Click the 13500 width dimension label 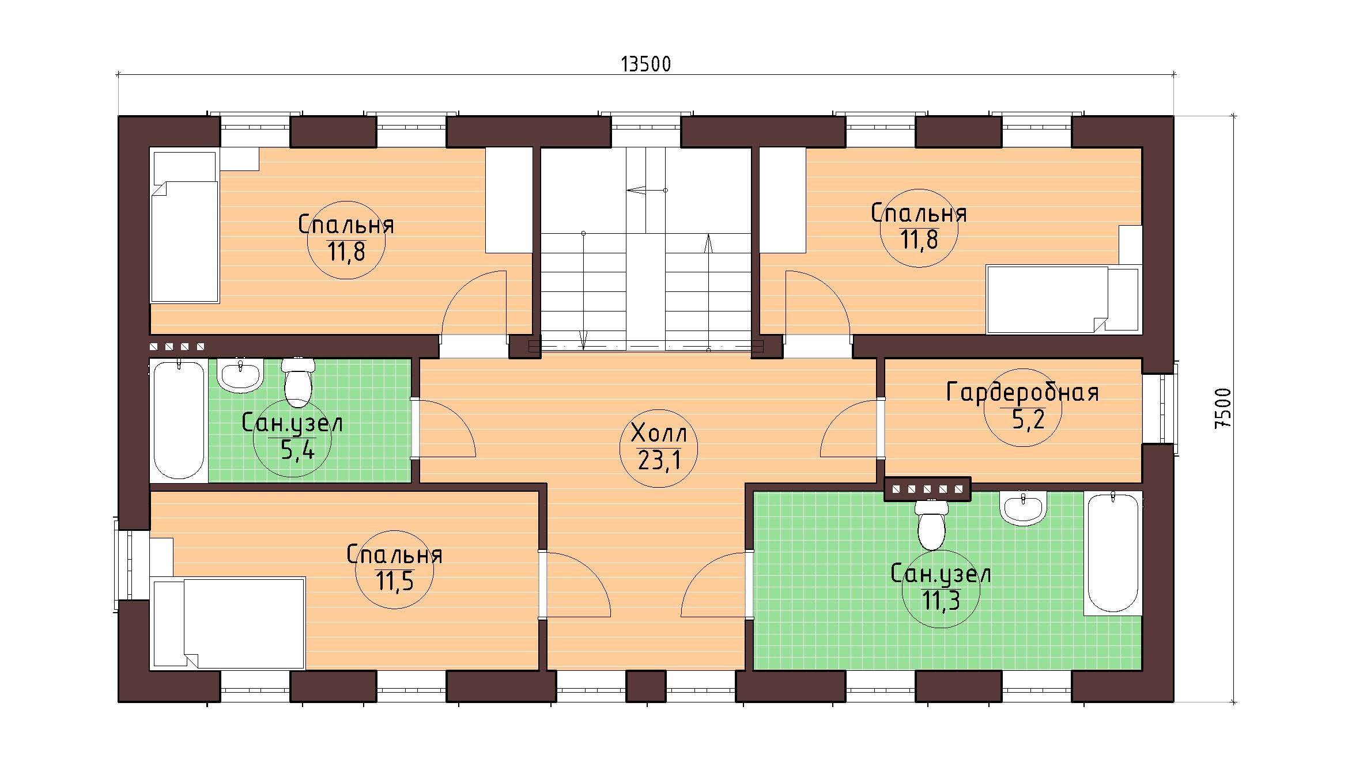click(645, 64)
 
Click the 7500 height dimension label click(1222, 408)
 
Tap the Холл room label click(659, 431)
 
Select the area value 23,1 click(659, 460)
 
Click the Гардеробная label click(1022, 392)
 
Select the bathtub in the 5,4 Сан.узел click(179, 419)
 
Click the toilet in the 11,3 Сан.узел click(931, 524)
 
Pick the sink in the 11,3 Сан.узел click(1023, 508)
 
